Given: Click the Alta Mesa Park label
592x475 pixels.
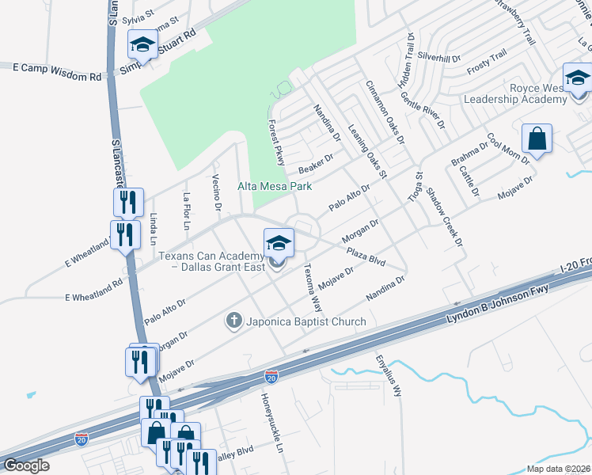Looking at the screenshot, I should [275, 187].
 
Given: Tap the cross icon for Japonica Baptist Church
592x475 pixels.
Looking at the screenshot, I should [233, 321].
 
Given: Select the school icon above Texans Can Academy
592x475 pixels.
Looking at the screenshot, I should [279, 241].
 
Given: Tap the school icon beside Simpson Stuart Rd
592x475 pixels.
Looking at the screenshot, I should [142, 44].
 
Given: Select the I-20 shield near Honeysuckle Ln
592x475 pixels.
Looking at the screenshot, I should [271, 378].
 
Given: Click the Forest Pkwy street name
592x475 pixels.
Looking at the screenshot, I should [276, 143].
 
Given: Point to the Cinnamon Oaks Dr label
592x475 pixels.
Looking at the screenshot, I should [385, 112].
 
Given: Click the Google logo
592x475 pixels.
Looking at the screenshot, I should [26, 465].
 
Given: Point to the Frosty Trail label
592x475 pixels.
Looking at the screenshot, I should [485, 61].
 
